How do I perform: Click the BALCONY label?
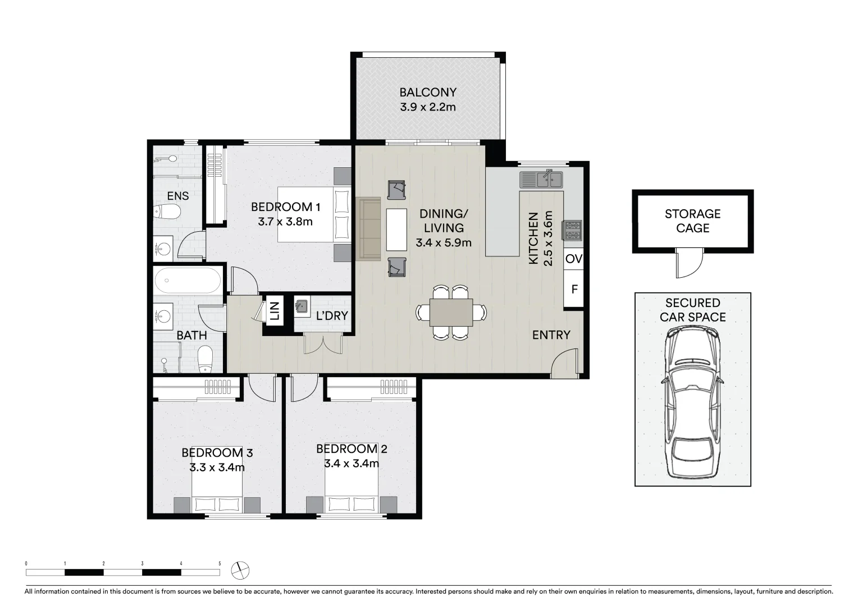pos(428,92)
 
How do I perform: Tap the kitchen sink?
pos(541,179)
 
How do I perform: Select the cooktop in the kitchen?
pos(572,230)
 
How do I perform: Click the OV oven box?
pos(573,259)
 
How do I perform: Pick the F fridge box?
pos(573,289)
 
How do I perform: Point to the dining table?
pos(451,313)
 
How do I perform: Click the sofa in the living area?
pos(368,229)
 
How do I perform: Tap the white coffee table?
pos(396,229)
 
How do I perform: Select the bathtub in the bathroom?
pos(188,281)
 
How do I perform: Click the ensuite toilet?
pos(167,212)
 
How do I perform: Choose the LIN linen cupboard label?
pos(275,310)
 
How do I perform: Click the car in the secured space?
pos(692,403)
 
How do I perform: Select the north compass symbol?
pos(240,571)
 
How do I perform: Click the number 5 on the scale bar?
pos(220,563)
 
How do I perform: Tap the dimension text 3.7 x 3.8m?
pos(285,222)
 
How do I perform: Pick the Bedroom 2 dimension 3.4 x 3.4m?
pos(352,463)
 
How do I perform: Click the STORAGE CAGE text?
pos(692,221)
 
